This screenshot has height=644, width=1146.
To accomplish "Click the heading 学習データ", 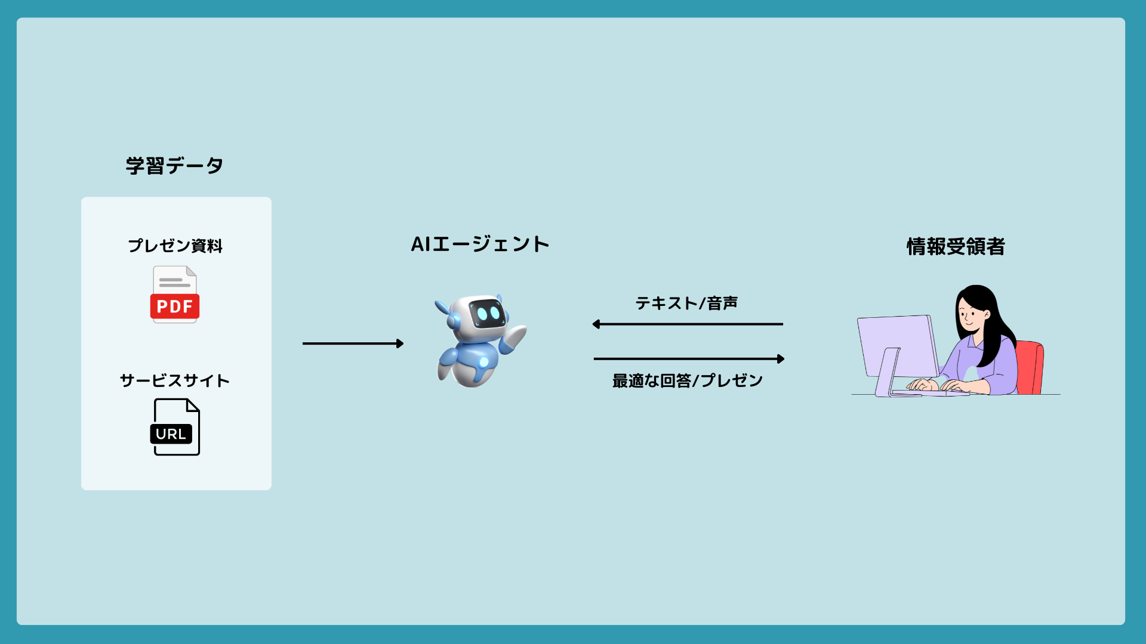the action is coord(174,165).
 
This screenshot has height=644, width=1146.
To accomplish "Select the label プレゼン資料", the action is coord(175,246).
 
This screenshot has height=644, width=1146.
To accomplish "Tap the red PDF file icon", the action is coord(174,295).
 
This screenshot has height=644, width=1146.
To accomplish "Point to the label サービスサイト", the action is coord(175,380).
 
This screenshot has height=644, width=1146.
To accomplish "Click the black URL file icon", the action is coord(175,427).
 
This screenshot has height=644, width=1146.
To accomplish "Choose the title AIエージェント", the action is coord(480,244).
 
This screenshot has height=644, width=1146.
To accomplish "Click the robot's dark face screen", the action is coord(488,313).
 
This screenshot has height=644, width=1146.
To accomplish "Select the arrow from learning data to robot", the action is coord(353,343).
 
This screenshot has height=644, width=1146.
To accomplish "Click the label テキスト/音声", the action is coord(686,304).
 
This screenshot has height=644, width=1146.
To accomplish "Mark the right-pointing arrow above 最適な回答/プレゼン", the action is coord(689,359).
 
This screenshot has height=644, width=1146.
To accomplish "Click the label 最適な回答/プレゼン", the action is coord(688,380).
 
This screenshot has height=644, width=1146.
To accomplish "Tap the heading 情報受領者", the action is coord(956,246).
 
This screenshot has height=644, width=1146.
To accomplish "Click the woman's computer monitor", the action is coord(897,346).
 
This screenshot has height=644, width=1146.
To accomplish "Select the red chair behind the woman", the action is coord(1030,367).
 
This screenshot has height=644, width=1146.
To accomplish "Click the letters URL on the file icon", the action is coord(171,434).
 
